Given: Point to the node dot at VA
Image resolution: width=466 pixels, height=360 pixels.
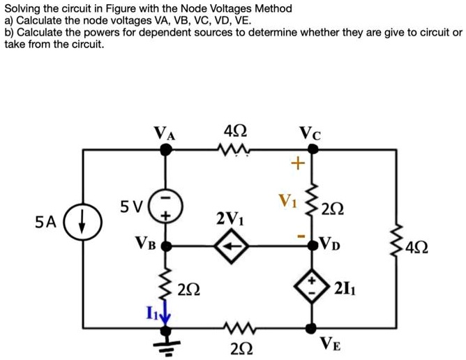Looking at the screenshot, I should [167, 149].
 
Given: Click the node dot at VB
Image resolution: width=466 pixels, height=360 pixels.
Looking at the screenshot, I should [167, 246].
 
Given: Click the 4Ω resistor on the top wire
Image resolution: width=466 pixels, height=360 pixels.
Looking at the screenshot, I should [232, 149].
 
